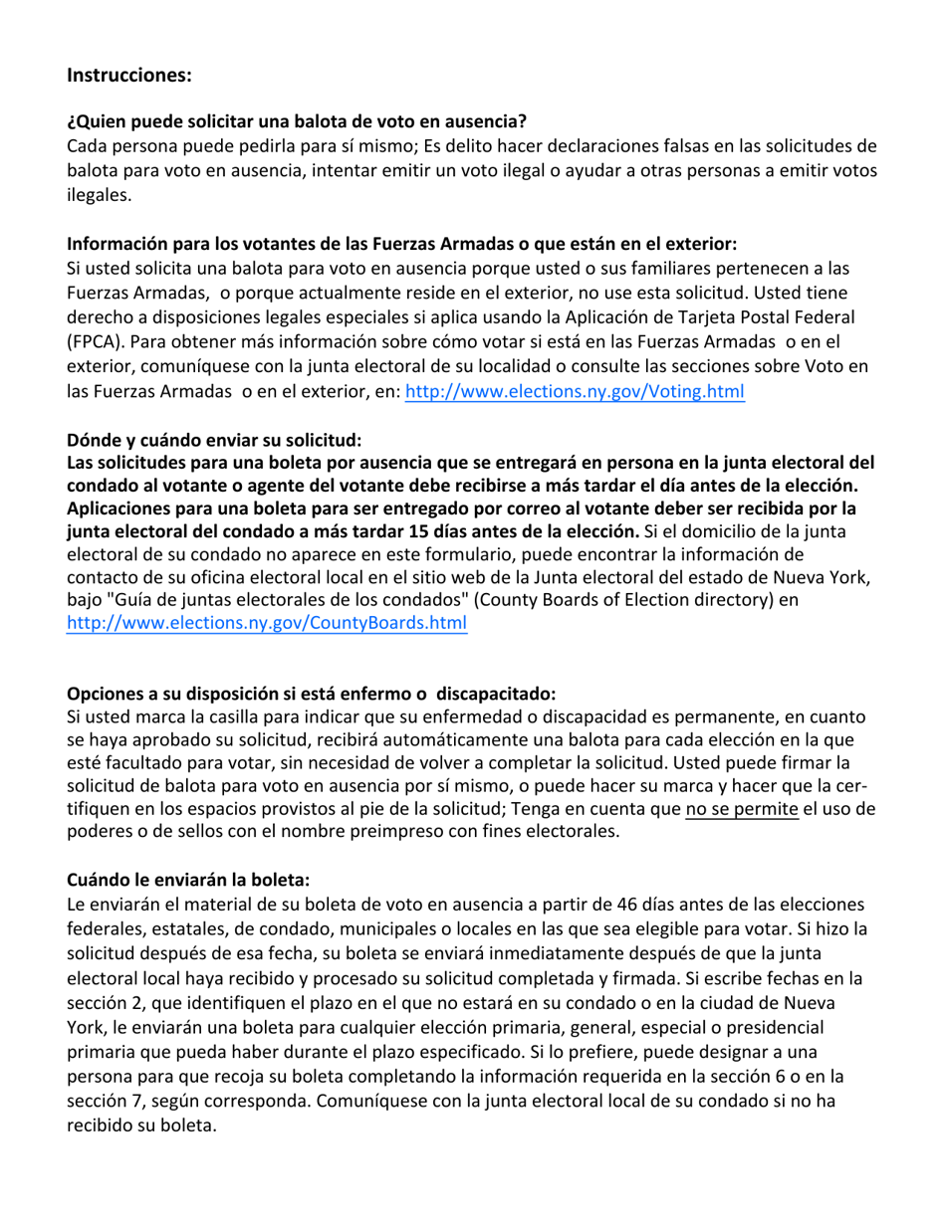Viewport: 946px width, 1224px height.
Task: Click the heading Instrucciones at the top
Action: tap(128, 75)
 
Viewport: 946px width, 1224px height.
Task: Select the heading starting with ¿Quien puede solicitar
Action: tap(296, 123)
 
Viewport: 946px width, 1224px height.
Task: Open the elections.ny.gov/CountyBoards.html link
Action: tap(266, 623)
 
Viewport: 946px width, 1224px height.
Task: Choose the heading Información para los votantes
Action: tap(401, 243)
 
